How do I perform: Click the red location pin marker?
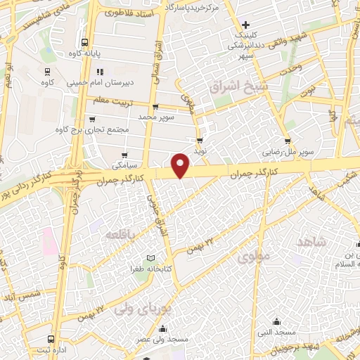(181, 165)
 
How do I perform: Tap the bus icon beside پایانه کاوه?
(86, 42)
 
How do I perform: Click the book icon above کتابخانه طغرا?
(149, 258)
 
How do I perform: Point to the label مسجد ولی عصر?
(163, 340)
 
